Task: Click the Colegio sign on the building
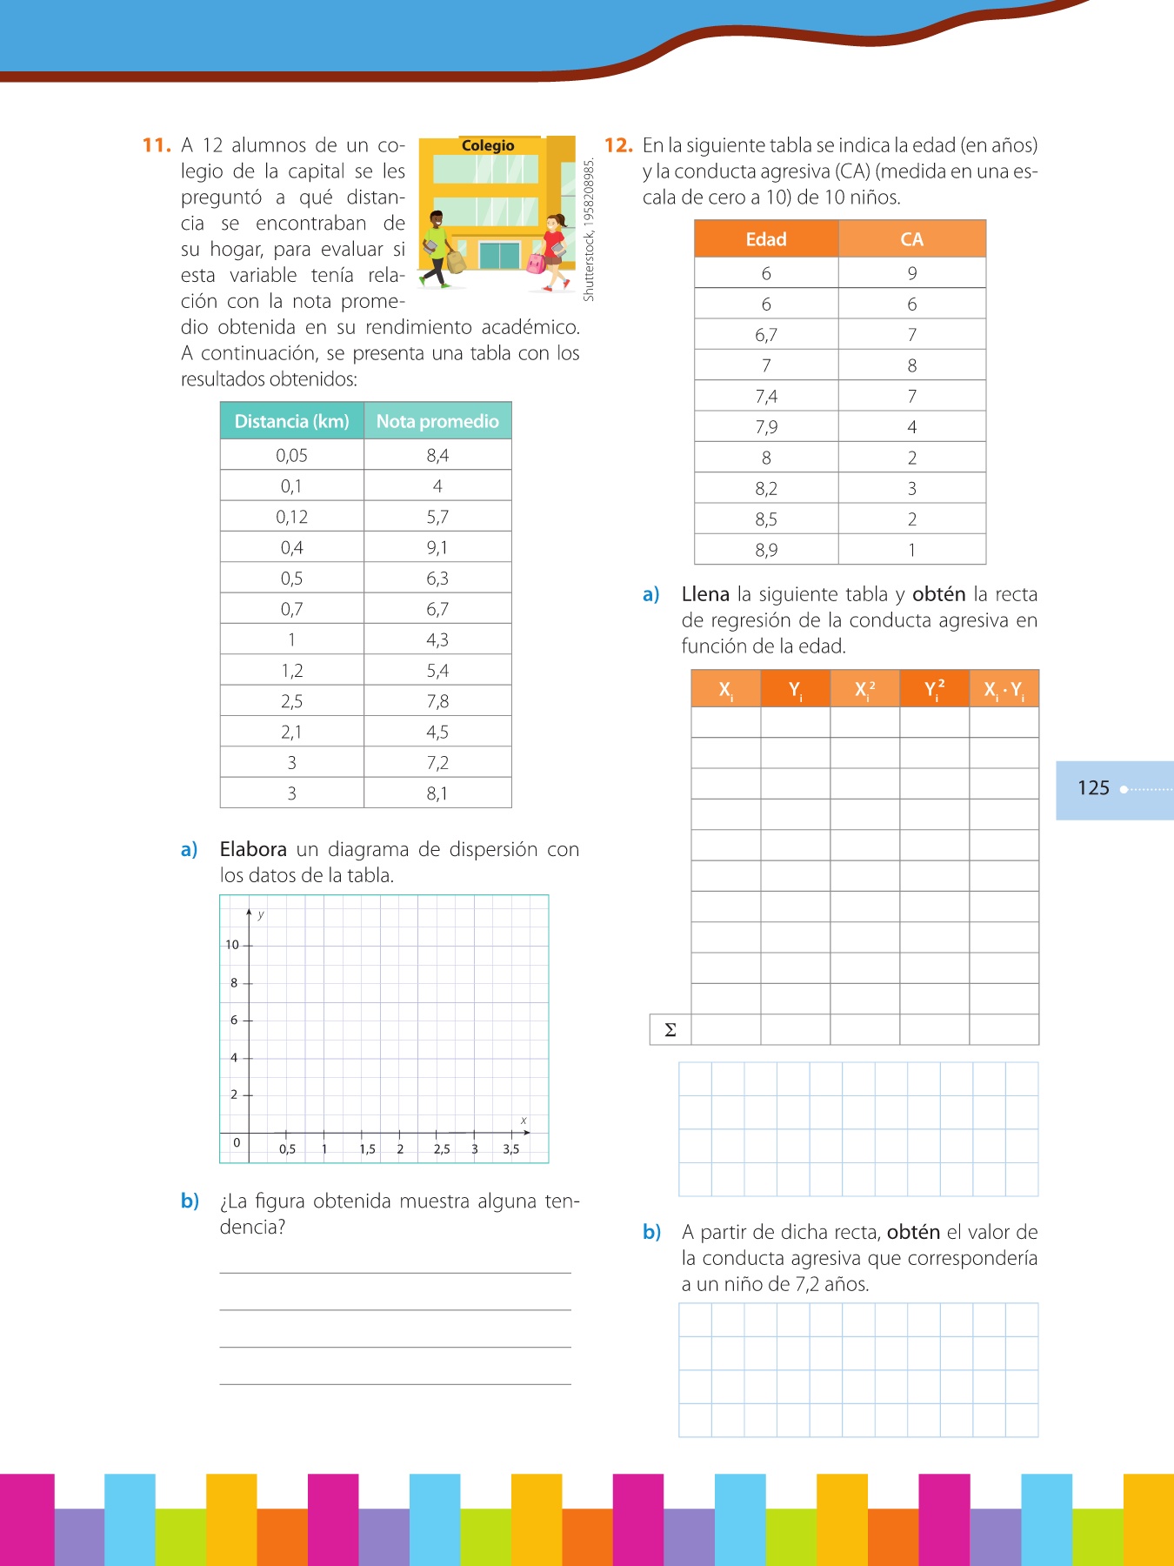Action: click(x=487, y=146)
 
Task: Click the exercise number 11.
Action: click(x=156, y=145)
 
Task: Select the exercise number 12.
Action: click(x=617, y=145)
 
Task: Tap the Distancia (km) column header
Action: click(x=291, y=421)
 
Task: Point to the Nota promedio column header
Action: click(x=437, y=421)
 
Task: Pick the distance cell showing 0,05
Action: click(x=291, y=455)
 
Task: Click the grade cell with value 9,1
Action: click(x=437, y=547)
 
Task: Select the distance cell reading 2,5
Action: click(x=291, y=701)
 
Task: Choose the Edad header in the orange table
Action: click(x=766, y=239)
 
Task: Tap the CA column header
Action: click(x=911, y=239)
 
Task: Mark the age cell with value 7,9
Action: click(x=766, y=427)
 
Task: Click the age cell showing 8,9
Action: click(x=766, y=550)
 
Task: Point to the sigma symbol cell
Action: click(x=670, y=1030)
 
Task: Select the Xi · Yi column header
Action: click(x=1004, y=690)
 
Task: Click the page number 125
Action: click(x=1093, y=788)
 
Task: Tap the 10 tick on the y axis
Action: click(x=232, y=945)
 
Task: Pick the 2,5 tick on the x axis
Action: click(x=442, y=1149)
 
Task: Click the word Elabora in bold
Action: click(x=253, y=849)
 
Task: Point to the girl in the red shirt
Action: click(x=554, y=252)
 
